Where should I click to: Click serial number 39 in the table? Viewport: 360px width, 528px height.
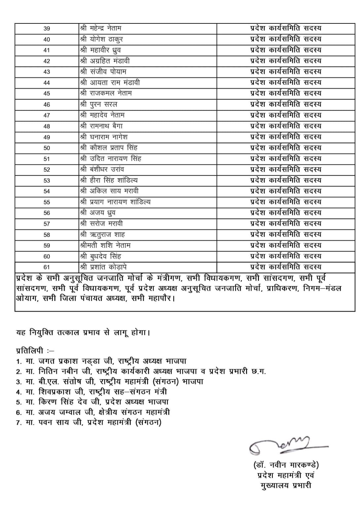[x=47, y=29]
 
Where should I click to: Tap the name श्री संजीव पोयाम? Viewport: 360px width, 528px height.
[x=103, y=72]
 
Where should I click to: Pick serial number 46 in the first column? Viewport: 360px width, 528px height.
[x=47, y=105]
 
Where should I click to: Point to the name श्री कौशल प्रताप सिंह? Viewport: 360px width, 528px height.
[x=109, y=148]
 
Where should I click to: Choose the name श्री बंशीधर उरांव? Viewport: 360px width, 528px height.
[x=102, y=170]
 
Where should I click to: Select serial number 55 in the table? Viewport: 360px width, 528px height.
[x=47, y=202]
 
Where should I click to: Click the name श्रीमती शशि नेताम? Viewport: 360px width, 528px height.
[x=105, y=246]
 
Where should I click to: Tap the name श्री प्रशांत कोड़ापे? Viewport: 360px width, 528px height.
[x=103, y=267]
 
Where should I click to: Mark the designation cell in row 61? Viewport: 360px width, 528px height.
[x=286, y=267]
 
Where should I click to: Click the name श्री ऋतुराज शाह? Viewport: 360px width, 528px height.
[x=102, y=235]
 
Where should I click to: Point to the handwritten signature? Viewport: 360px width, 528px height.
[x=284, y=445]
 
